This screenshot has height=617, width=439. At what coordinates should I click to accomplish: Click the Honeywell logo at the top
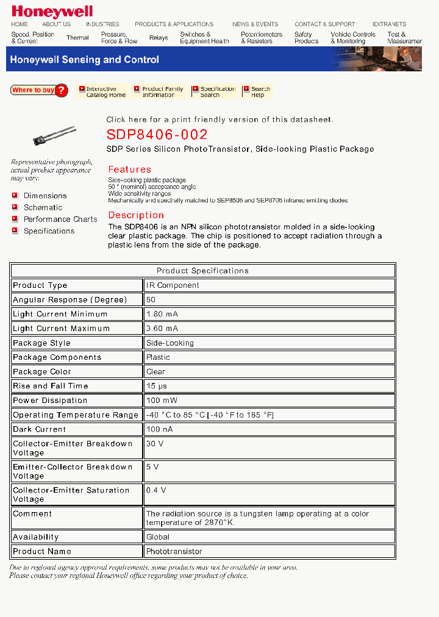tap(52, 11)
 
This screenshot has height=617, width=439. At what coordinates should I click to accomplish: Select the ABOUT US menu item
tap(56, 24)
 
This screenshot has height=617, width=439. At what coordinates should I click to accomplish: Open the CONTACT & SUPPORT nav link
tap(324, 24)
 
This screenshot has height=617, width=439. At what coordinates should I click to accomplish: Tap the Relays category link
tap(159, 38)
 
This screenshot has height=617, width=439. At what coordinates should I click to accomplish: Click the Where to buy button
tap(39, 90)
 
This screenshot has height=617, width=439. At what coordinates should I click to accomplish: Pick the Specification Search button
tap(213, 91)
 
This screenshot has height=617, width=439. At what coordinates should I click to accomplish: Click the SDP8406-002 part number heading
tap(157, 135)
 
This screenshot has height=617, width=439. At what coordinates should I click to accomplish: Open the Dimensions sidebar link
tap(45, 196)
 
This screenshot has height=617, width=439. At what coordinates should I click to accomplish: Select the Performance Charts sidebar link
tap(60, 219)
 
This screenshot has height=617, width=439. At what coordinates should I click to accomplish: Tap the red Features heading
tap(129, 169)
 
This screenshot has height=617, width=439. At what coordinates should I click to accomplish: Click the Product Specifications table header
tap(202, 271)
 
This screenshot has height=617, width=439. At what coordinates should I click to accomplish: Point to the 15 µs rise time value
tap(157, 386)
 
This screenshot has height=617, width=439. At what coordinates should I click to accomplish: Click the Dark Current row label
tap(39, 429)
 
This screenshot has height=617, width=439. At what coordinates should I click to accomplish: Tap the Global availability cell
tap(158, 537)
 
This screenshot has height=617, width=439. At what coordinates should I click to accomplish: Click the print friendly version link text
tap(220, 119)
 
